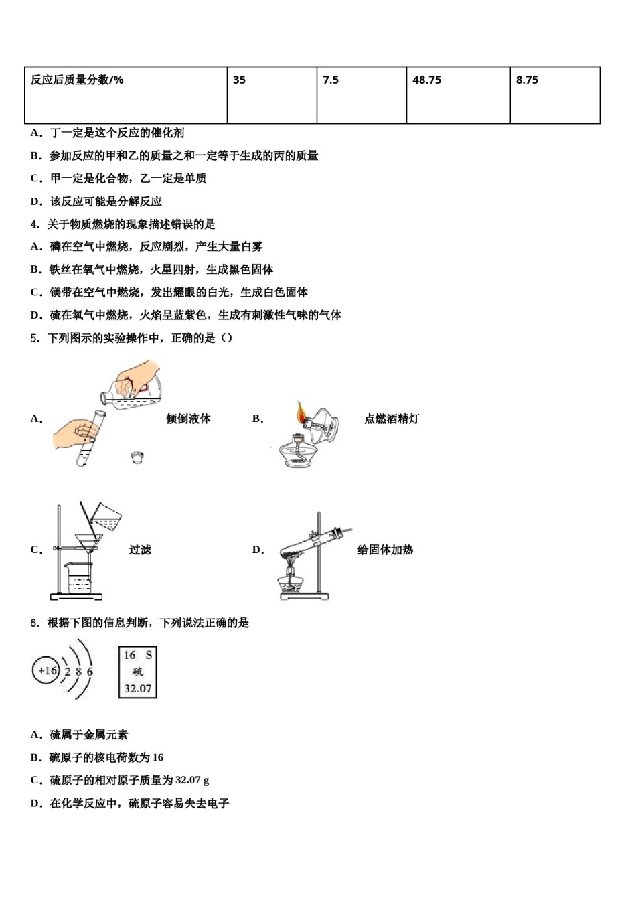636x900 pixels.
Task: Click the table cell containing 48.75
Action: (458, 94)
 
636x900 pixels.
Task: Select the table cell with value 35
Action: (272, 94)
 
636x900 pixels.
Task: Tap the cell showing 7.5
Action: (362, 94)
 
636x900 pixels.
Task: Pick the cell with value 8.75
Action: (554, 94)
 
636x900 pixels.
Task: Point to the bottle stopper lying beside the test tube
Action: (137, 457)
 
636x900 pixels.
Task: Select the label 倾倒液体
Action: (188, 419)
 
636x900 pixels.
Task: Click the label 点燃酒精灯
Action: (392, 419)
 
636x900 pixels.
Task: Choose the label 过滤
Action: (140, 550)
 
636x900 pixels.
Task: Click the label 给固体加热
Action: (385, 550)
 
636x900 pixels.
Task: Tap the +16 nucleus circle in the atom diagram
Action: (46, 670)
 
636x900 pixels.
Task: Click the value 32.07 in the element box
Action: (138, 688)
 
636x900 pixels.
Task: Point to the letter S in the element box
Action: (149, 655)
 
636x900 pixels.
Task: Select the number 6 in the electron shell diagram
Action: (90, 671)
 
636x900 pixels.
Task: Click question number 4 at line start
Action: (35, 224)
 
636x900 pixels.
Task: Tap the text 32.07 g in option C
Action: (192, 780)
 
